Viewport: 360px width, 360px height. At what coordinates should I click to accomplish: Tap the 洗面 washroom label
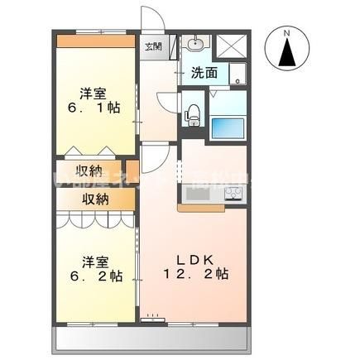click(205, 72)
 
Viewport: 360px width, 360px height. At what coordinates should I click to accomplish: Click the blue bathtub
click(228, 129)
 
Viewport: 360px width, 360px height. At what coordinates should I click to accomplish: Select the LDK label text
click(193, 258)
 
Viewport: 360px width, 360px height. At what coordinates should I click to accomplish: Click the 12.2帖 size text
click(195, 273)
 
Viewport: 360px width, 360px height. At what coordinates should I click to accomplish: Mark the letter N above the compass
click(287, 33)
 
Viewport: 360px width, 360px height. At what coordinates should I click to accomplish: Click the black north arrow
click(287, 56)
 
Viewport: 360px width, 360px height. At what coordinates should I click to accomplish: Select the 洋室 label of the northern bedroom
click(96, 92)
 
